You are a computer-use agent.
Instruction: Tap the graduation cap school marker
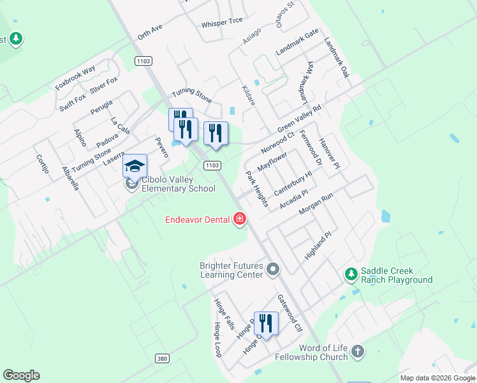(x=135, y=167)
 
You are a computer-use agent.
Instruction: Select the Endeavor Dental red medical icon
(x=240, y=220)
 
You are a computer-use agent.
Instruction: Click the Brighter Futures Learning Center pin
(x=273, y=269)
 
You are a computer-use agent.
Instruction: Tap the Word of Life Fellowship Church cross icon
(x=358, y=351)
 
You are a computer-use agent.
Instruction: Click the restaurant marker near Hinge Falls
(x=266, y=324)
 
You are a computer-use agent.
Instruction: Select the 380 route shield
(x=162, y=359)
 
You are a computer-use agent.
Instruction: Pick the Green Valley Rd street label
(x=299, y=117)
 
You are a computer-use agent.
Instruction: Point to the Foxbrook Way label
(x=75, y=77)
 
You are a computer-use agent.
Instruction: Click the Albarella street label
(x=70, y=179)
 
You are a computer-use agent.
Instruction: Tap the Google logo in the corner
(x=21, y=375)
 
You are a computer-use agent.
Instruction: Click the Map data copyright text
(x=437, y=378)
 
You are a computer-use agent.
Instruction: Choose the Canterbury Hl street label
(x=293, y=183)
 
